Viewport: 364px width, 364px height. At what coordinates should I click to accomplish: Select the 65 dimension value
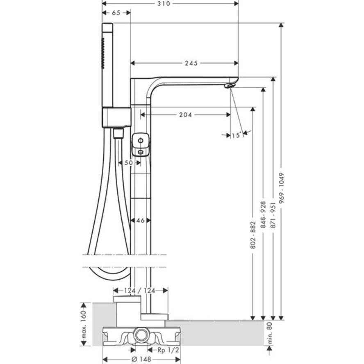tap(116, 13)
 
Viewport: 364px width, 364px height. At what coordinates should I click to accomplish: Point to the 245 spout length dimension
tap(191, 63)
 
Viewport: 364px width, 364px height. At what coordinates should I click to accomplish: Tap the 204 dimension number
tap(185, 115)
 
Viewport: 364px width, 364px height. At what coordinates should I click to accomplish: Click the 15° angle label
tap(236, 135)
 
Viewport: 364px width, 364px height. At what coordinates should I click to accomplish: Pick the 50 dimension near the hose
tap(129, 163)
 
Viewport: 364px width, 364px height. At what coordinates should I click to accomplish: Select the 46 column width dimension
tap(140, 221)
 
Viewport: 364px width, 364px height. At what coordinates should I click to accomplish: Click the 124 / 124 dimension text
tap(140, 291)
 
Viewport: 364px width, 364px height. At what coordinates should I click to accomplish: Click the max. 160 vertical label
tap(84, 324)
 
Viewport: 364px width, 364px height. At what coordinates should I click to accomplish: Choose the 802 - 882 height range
tap(253, 236)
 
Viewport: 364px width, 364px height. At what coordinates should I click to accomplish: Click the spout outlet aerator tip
tap(230, 86)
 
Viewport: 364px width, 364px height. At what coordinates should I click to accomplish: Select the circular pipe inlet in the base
tap(141, 336)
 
